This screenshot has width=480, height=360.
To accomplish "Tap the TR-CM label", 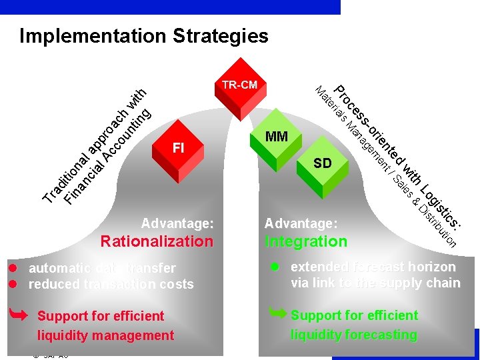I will [x=239, y=85].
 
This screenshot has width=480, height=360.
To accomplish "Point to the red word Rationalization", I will [x=157, y=241].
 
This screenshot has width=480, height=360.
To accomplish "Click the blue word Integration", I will [x=306, y=241].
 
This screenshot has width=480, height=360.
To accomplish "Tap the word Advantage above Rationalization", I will [x=177, y=223].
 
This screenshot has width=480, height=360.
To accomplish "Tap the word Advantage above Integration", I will [x=301, y=223].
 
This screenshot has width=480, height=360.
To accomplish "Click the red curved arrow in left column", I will [x=19, y=312].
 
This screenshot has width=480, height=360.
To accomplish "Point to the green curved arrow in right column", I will [x=277, y=311].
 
